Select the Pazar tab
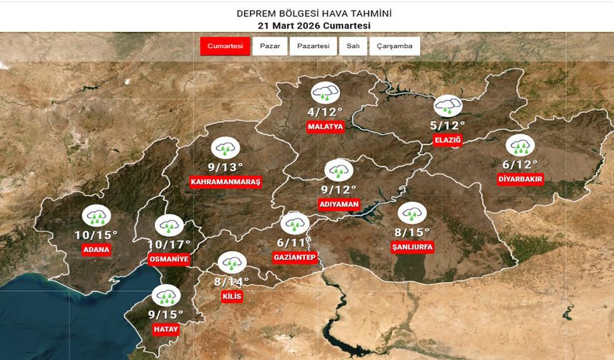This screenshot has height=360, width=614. (x=269, y=46)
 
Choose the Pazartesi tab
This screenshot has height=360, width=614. (x=313, y=46)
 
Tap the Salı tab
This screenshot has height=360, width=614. (x=353, y=46)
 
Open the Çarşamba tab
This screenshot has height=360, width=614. (x=394, y=46)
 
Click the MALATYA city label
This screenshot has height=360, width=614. (x=326, y=126)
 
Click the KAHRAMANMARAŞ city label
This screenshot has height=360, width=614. (x=226, y=182)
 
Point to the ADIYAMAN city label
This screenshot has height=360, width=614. (x=338, y=204)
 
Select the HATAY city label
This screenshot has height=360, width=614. (x=166, y=328)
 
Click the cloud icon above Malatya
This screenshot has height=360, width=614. (x=326, y=93)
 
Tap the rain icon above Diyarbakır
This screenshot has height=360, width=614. (x=519, y=145)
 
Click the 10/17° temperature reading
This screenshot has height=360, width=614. (x=168, y=244)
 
